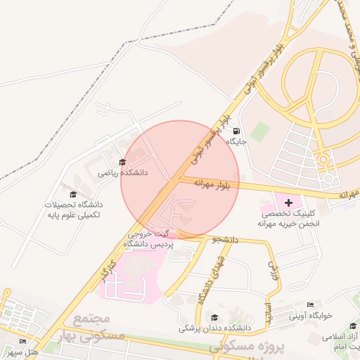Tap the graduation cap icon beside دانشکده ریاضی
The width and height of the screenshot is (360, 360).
click(x=122, y=162)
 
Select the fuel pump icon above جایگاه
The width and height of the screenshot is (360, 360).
click(x=234, y=131)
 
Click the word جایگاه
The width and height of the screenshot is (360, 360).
click(x=234, y=141)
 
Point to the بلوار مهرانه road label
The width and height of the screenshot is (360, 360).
click(x=217, y=184)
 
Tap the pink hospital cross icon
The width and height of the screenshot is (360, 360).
click(x=288, y=203)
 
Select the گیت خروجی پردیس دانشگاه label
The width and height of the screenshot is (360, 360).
click(x=148, y=239)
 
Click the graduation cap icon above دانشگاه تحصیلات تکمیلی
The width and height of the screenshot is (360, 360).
click(x=73, y=195)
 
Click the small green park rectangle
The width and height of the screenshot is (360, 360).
click(x=260, y=131)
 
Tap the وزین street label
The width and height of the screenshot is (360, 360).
click(x=275, y=270)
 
